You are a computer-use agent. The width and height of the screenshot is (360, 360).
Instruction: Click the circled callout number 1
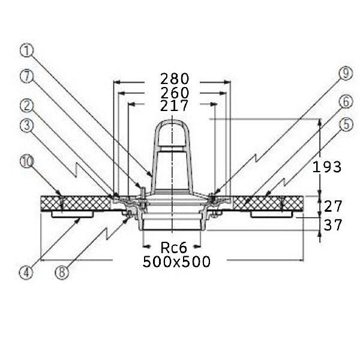coord(27,51)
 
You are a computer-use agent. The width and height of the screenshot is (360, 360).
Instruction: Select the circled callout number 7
coord(27,76)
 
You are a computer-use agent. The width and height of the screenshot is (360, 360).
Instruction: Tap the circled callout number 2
coord(27,106)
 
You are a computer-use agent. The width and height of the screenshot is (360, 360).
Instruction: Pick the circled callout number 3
coord(27,125)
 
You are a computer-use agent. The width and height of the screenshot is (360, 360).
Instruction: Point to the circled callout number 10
coord(27,161)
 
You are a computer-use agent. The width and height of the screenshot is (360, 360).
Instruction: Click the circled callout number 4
coord(26,272)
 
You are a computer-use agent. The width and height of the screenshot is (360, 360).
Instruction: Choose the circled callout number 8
coord(62,272)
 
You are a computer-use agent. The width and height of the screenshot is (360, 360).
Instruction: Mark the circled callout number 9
coord(346,73)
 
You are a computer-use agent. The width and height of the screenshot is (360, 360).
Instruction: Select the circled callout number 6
coord(346,102)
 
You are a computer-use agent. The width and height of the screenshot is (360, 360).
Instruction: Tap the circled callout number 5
coord(346,125)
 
